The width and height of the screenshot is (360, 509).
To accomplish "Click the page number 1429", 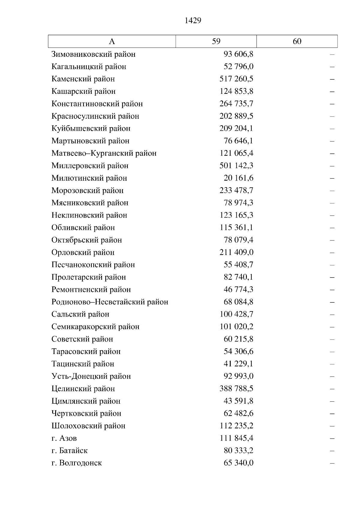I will tap(193, 20).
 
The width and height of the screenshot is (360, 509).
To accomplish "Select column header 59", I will tap(216, 41).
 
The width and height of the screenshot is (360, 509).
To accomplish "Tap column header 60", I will tap(297, 41).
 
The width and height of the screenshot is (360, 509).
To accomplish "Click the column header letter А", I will tap(112, 41).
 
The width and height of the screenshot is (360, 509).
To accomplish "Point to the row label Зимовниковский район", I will tap(93, 54).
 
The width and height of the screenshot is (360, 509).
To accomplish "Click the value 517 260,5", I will tap(236, 79).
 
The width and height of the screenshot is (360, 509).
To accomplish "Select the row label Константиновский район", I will tap(97, 104).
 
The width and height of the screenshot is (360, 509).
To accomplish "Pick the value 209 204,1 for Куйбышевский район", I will tap(236, 128).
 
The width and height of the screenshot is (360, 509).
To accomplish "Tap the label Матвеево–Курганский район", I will tap(104, 153).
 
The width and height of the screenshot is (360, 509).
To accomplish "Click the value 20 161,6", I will tap(238, 178).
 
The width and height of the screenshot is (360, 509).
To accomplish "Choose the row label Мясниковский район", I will tap(90, 203).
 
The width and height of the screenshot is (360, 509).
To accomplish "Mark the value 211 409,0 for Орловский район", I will tap(236, 252).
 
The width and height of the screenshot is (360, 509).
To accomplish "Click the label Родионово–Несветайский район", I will tap(109, 302).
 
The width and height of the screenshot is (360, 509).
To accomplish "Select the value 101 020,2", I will tap(236, 327).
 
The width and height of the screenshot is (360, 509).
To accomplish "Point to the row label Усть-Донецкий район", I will tap(91, 376).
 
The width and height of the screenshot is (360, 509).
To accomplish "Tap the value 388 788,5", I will tap(236, 388).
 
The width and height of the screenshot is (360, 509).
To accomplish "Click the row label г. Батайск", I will tap(69, 451).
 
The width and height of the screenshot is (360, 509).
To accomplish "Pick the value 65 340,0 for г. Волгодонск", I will tap(238, 463).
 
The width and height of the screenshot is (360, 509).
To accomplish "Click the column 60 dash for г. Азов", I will tap(332, 439).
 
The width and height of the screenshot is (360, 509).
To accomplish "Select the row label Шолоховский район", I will tap(88, 426).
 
